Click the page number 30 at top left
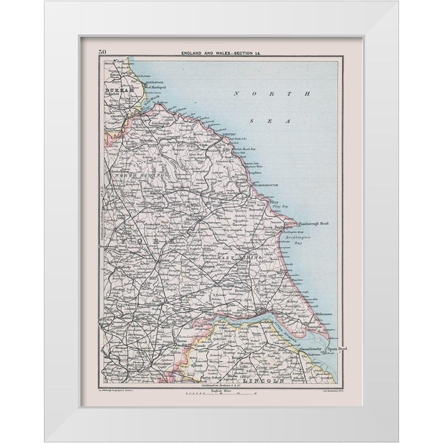click(102, 52)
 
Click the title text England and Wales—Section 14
click(221, 53)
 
